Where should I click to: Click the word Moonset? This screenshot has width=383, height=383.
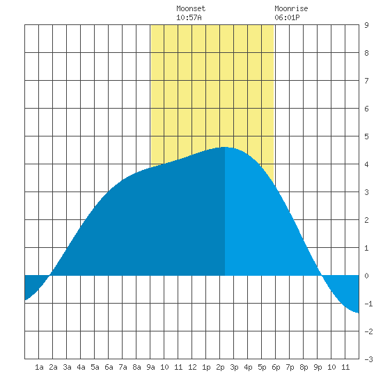[x=191, y=8]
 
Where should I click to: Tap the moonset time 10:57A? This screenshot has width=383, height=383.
[x=189, y=17]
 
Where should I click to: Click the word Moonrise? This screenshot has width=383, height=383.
[x=291, y=8]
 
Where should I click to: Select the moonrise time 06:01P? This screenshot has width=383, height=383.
[x=287, y=17]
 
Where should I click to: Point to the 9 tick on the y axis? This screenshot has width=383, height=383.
[x=366, y=25]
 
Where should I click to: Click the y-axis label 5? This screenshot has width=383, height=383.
[x=366, y=136]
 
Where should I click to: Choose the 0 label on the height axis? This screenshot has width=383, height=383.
[x=366, y=276]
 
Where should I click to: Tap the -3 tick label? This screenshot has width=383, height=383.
[x=368, y=359]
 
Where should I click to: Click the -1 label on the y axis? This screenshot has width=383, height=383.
[x=368, y=304]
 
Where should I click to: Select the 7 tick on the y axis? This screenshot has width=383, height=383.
[x=366, y=81]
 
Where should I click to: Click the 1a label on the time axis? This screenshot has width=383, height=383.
[x=39, y=367]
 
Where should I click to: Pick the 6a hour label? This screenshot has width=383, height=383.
[x=109, y=367]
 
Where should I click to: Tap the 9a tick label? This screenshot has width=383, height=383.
[x=150, y=367]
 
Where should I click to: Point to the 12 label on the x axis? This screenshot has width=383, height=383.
[x=192, y=367]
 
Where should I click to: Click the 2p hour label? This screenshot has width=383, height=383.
[x=220, y=367]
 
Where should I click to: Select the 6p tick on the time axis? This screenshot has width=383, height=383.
[x=276, y=367]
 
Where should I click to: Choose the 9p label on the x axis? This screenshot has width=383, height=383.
[x=318, y=367]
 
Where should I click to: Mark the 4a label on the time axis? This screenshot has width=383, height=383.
[x=81, y=367]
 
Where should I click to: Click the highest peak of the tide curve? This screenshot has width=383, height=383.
[x=225, y=148]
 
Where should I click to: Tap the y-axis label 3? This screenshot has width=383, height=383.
[x=366, y=192]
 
